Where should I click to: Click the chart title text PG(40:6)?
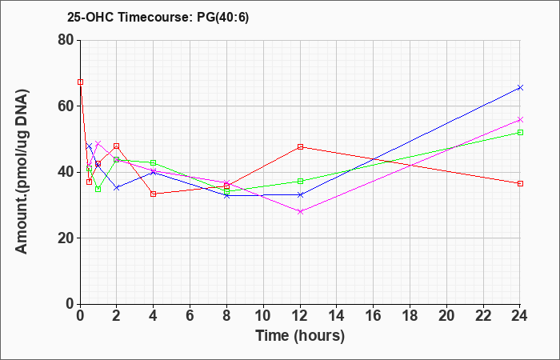tap(222, 17)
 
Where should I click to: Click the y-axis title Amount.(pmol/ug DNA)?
tap(22, 171)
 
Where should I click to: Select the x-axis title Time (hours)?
tap(300, 336)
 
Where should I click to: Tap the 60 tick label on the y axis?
tap(65, 106)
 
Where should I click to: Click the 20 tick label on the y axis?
tap(65, 238)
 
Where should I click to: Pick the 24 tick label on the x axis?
tap(519, 316)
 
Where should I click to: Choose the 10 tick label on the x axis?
tap(263, 316)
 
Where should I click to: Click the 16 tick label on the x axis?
tap(374, 316)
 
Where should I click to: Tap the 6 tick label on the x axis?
tap(190, 316)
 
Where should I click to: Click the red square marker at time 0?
tap(80, 82)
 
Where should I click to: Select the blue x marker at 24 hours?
tap(520, 87)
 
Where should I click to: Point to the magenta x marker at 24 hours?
tap(520, 120)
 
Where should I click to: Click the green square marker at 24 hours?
tap(520, 133)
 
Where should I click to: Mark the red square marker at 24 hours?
tap(520, 183)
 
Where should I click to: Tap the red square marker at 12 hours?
tap(300, 146)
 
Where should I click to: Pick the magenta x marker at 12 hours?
tap(300, 211)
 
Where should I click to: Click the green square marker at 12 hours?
tap(300, 181)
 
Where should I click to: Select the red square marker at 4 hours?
tap(154, 194)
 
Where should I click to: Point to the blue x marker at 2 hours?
tap(117, 187)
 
